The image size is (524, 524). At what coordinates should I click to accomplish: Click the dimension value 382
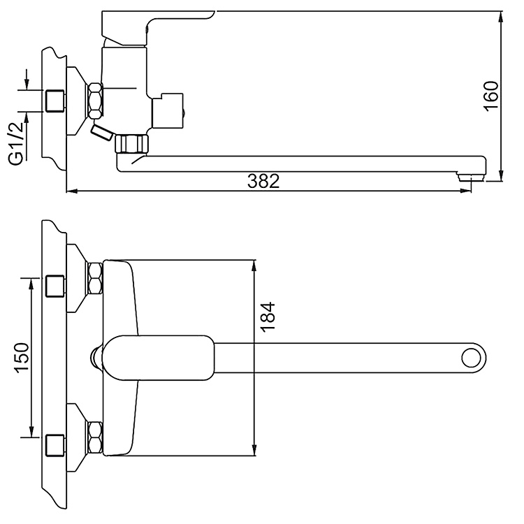[263, 181]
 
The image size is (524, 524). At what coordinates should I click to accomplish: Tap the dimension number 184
[268, 321]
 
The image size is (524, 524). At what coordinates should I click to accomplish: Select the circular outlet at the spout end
[472, 358]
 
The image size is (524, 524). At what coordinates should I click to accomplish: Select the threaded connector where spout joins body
[133, 145]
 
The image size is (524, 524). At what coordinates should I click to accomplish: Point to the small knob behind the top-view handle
[96, 358]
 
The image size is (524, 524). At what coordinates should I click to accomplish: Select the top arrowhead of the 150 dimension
[31, 282]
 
